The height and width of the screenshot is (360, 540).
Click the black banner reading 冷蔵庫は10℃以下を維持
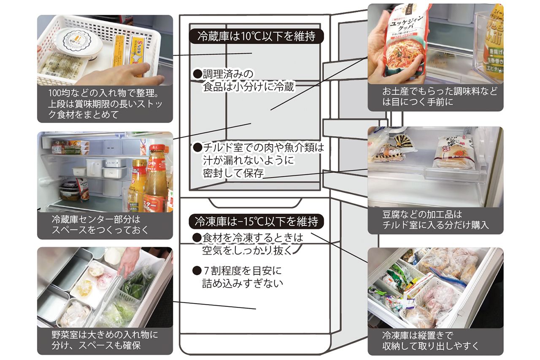pyautogui.click(x=256, y=36)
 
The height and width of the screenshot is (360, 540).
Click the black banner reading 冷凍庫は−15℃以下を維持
pyautogui.click(x=256, y=221)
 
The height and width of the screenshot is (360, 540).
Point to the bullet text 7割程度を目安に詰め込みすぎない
pyautogui.click(x=243, y=277)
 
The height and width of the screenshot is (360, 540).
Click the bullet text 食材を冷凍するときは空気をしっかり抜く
pyautogui.click(x=249, y=244)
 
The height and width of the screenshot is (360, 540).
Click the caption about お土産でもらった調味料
pyautogui.click(x=435, y=97)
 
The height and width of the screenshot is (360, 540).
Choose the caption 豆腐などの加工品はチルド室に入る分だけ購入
pyautogui.click(x=435, y=220)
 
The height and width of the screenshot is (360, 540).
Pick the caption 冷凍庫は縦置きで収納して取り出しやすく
pyautogui.click(x=435, y=341)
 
